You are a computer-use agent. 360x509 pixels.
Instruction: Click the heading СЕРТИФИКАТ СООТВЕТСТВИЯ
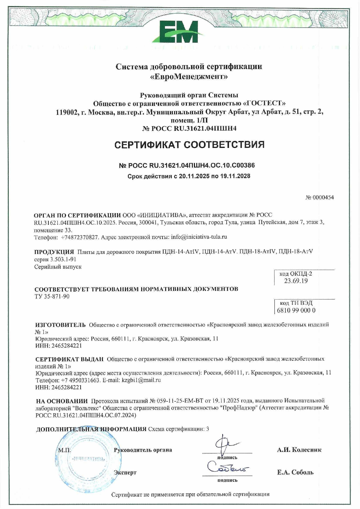coord(189,144)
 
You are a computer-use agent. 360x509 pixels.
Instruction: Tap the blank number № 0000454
coord(319,198)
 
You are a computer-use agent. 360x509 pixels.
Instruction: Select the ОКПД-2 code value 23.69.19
coord(296,281)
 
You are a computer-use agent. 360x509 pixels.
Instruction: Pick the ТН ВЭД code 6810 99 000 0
coord(296,310)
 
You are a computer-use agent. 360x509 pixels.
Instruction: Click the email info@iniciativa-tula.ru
coord(199,237)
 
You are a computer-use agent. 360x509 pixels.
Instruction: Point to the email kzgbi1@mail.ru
coord(141,380)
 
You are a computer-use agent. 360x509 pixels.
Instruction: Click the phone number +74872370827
coord(80,237)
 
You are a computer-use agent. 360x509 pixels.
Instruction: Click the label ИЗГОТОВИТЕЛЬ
coord(60,325)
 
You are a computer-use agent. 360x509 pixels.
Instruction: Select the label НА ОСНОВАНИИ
coord(62,401)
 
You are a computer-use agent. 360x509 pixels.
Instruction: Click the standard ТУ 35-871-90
coord(52,296)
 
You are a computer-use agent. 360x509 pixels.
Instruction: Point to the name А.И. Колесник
coord(299,450)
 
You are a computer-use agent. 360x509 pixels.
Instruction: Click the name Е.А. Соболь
coord(295,472)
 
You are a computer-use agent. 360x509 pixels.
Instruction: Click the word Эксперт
coord(125,472)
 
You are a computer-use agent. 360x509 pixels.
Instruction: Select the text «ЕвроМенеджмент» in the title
coord(189,77)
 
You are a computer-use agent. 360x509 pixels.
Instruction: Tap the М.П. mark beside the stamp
coord(64,450)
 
